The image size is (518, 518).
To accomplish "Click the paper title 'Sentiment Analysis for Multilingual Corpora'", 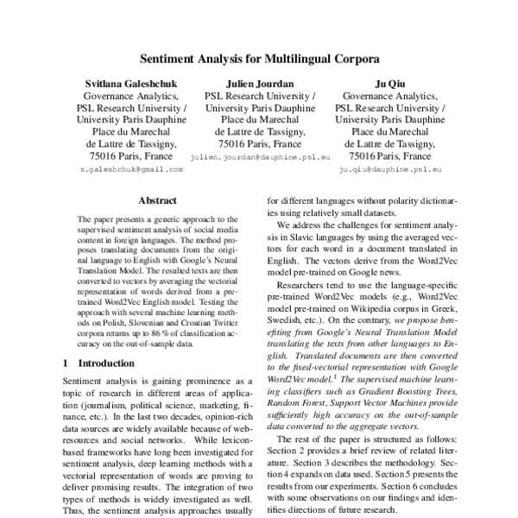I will point(258,62).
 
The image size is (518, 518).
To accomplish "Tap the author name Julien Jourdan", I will point(259,83).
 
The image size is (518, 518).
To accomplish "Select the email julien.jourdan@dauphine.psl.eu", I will point(260,159).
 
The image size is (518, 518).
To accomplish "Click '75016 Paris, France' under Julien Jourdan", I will point(259,144).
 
